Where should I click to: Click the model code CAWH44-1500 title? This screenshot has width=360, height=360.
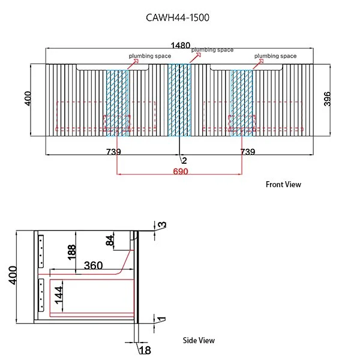178,17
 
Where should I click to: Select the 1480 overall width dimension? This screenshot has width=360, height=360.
181,45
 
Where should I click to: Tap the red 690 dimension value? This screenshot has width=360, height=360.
181,171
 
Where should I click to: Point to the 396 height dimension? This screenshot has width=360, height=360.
327,99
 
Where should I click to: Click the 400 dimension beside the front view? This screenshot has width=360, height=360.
28,98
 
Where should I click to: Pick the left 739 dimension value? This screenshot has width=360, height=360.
113,152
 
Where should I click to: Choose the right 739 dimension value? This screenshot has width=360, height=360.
247,152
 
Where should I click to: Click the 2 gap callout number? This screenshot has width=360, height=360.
184,160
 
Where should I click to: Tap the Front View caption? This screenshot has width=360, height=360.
283,184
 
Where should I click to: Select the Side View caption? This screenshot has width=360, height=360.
199,340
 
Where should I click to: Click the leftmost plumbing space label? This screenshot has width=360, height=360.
150,56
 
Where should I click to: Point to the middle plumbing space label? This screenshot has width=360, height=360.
212,50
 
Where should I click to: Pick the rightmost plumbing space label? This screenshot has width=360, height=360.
275,56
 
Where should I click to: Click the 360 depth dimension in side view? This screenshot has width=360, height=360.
93,266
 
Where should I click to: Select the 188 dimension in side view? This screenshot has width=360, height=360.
71,253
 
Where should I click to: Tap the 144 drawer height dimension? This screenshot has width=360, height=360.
59,295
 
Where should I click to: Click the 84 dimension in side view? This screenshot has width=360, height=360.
110,241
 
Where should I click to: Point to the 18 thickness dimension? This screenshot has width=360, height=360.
145,350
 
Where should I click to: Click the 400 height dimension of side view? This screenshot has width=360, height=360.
13,275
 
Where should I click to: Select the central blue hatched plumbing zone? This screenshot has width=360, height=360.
179,100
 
